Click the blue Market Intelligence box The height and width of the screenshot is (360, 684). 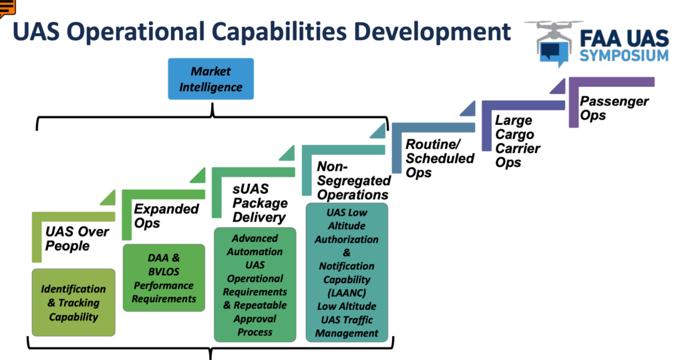[x=210, y=79]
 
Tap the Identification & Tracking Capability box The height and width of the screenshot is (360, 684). [x=73, y=303]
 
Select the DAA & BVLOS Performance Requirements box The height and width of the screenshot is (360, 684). [x=164, y=278]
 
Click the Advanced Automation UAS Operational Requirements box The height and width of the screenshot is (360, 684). [x=254, y=285]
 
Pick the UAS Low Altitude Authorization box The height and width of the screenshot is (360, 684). [x=347, y=273]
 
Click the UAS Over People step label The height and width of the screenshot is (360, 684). [x=77, y=238]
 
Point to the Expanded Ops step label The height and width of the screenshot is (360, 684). [x=166, y=216]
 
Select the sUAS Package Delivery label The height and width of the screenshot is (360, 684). [x=260, y=203]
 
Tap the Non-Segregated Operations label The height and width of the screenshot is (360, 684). [x=354, y=180]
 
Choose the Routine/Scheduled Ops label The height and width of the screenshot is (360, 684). [x=440, y=158]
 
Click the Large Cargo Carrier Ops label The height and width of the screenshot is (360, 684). [x=518, y=141]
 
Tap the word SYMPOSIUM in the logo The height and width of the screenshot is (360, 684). [x=625, y=55]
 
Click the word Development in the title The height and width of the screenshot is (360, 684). [x=432, y=32]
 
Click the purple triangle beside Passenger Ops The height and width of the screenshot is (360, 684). [x=560, y=87]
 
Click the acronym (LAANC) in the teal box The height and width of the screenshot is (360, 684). [x=347, y=293]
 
